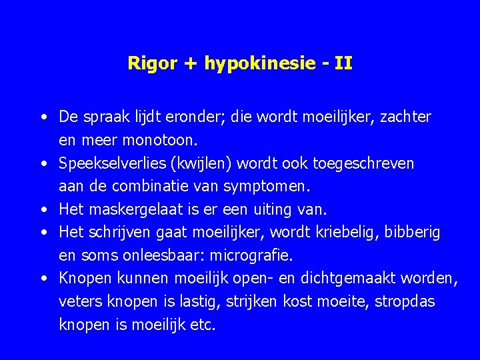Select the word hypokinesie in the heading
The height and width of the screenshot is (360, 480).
click(x=246, y=64)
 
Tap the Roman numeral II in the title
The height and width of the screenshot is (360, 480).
click(x=343, y=64)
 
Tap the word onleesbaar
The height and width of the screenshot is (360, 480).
click(x=160, y=256)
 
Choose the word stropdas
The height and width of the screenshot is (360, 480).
click(x=405, y=302)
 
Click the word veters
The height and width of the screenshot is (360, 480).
click(x=77, y=302)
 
